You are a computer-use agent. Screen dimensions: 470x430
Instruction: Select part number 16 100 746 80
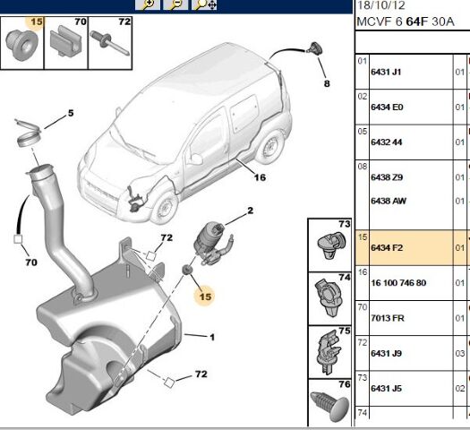pos(398,283)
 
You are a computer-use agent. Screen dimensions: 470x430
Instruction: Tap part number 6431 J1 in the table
pos(386,72)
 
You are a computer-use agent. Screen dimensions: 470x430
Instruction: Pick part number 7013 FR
pos(388,318)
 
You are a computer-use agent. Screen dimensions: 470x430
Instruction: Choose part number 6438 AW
pos(389,201)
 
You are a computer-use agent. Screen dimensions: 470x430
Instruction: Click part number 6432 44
pos(387,142)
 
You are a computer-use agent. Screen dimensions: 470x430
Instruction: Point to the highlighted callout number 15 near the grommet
pos(205,297)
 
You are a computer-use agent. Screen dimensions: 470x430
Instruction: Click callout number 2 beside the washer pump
pos(251,211)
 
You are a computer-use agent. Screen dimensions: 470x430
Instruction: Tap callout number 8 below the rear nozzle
pos(327,83)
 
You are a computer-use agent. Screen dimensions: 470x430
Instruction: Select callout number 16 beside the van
pos(260,177)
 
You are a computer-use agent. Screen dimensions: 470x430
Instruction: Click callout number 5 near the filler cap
pos(71,113)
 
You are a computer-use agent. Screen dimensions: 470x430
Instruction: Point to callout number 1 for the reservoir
pos(212,338)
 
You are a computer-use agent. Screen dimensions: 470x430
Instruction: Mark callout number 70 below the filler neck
pos(31,262)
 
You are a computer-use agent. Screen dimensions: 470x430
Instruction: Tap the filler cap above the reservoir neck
pos(28,133)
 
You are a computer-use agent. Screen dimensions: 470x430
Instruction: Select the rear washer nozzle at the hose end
pos(315,49)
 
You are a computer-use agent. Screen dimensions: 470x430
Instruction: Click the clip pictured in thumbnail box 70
pos(65,40)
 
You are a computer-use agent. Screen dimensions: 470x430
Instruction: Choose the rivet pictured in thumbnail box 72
pos(110,43)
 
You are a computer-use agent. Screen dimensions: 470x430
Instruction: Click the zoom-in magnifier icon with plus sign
pos(148,4)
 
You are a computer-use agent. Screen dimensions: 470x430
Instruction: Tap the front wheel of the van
pos(164,208)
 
